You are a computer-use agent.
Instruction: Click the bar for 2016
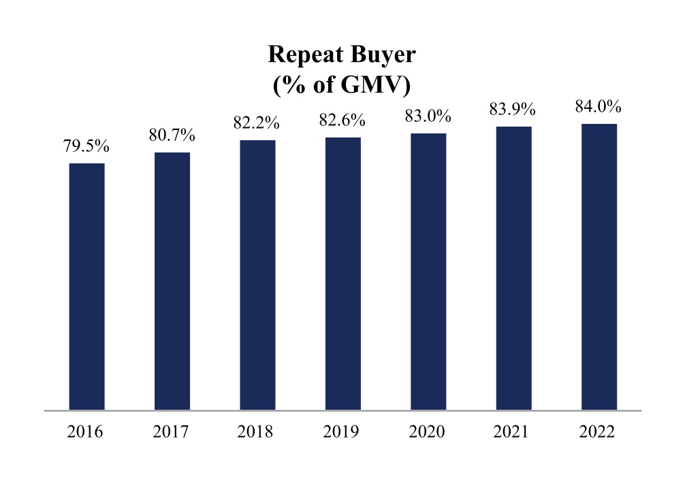point(87,287)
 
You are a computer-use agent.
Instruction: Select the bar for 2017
point(172,281)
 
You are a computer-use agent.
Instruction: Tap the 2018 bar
point(258,275)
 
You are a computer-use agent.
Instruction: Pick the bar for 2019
point(343,274)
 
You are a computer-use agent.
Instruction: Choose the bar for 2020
point(428,272)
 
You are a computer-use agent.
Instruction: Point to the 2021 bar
point(513,268)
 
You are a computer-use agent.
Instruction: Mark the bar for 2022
point(599,267)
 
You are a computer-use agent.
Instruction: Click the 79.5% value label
point(86,146)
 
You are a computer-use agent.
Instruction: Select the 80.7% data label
point(172,135)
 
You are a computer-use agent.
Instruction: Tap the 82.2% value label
point(257,123)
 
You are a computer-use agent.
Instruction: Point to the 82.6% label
point(342,120)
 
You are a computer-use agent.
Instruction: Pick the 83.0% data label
point(428,116)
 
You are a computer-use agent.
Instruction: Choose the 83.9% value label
point(513,109)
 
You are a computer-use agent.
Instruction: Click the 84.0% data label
point(598,107)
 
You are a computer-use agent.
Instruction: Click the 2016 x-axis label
point(85,432)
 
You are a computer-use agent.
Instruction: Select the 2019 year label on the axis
point(341,432)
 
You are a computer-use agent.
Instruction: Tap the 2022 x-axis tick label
point(597,432)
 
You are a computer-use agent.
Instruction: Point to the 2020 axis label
point(427,432)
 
